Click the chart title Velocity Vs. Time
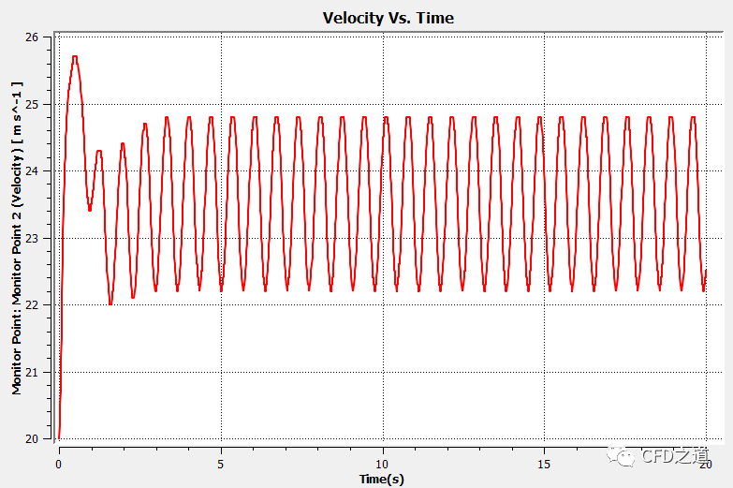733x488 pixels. pyautogui.click(x=388, y=18)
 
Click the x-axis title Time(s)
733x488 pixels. pyautogui.click(x=381, y=479)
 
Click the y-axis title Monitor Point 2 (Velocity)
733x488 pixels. pyautogui.click(x=17, y=238)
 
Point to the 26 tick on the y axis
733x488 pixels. pyautogui.click(x=32, y=37)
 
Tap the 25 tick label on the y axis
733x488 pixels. pyautogui.click(x=32, y=104)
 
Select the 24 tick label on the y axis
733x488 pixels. pyautogui.click(x=32, y=171)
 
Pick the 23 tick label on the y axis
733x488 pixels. pyautogui.click(x=32, y=238)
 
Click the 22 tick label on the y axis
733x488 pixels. pyautogui.click(x=32, y=305)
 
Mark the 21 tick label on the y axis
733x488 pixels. pyautogui.click(x=32, y=372)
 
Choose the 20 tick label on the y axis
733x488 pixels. pyautogui.click(x=32, y=439)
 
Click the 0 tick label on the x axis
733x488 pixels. pyautogui.click(x=58, y=464)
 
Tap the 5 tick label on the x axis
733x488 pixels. pyautogui.click(x=220, y=464)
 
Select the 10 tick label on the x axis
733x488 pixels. pyautogui.click(x=382, y=464)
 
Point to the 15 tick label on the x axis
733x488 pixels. pyautogui.click(x=544, y=464)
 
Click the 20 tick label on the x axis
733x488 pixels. pyautogui.click(x=705, y=464)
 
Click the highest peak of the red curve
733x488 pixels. pyautogui.click(x=75, y=57)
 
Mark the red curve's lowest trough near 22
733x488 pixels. pyautogui.click(x=110, y=303)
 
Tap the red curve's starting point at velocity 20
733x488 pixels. pyautogui.click(x=58, y=437)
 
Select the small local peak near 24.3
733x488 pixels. pyautogui.click(x=98, y=151)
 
